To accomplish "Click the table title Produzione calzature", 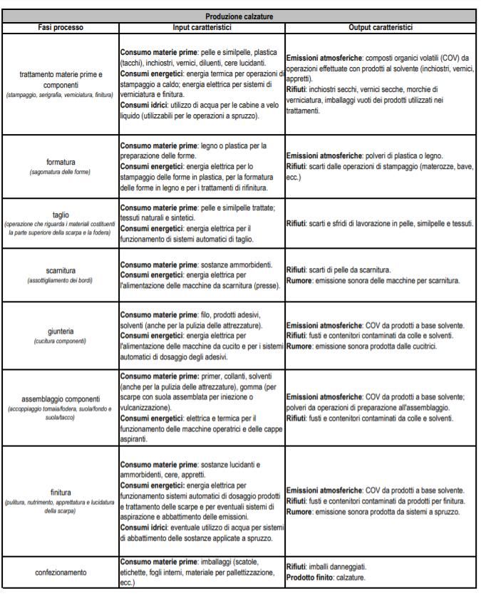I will click(x=239, y=16).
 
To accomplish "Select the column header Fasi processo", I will click(x=61, y=27).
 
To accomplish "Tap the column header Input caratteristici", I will click(x=202, y=27).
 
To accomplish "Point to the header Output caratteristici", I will click(x=381, y=27).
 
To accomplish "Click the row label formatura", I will click(x=61, y=162).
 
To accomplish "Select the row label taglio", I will click(x=61, y=214).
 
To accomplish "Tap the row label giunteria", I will click(x=61, y=331).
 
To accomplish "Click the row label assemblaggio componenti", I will click(x=61, y=399).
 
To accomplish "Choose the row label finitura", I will click(x=61, y=493).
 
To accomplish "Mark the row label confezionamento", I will click(x=61, y=572).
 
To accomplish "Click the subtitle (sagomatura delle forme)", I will click(x=61, y=172).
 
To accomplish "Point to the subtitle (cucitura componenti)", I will click(x=61, y=341).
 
